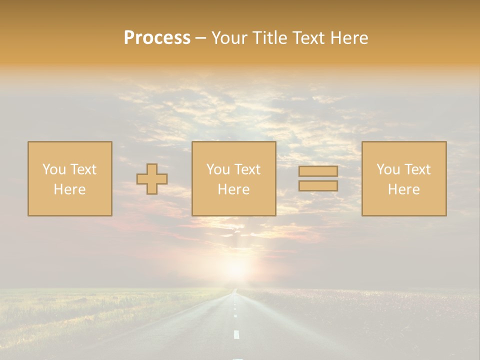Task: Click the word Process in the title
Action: [157, 38]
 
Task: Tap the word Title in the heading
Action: [270, 38]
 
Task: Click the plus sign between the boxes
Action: [152, 179]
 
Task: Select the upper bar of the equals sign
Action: [318, 171]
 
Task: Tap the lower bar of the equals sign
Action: [318, 186]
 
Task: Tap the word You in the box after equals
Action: [388, 169]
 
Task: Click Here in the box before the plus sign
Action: [69, 189]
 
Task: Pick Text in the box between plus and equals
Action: [248, 169]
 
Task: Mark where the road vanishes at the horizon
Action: [234, 290]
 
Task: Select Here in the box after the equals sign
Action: [403, 189]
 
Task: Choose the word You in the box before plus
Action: [54, 169]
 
